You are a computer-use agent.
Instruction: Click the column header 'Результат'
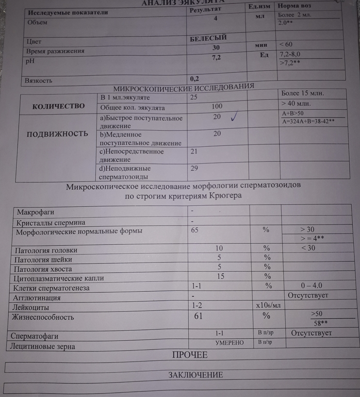point(206,10)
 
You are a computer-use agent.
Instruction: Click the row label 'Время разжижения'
point(56,52)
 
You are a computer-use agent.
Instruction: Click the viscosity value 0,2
point(194,78)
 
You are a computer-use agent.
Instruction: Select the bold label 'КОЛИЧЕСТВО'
point(58,106)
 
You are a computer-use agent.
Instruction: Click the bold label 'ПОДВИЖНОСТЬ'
point(57,134)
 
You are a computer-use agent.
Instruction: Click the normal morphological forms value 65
point(194,230)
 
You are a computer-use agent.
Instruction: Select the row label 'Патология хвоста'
point(43,269)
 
